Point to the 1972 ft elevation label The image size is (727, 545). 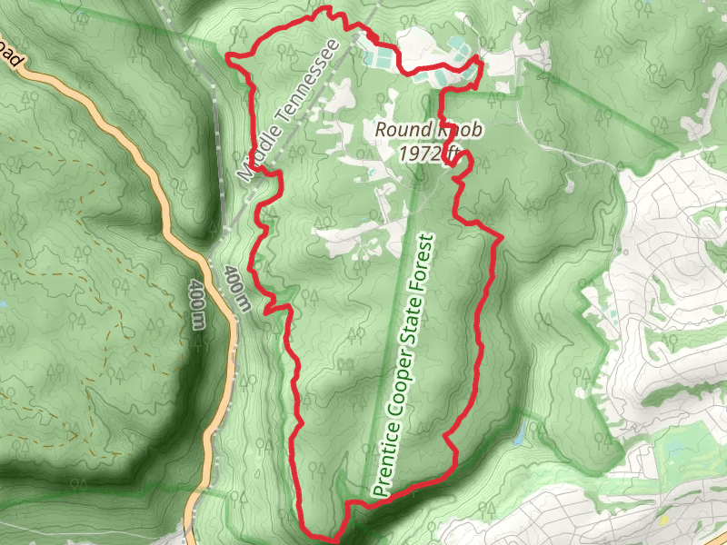[427, 152]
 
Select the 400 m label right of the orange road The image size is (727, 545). [236, 289]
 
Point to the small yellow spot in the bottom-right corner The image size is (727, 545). [664, 519]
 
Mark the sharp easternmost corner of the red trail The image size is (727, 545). [502, 238]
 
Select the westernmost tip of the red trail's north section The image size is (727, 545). [227, 60]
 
